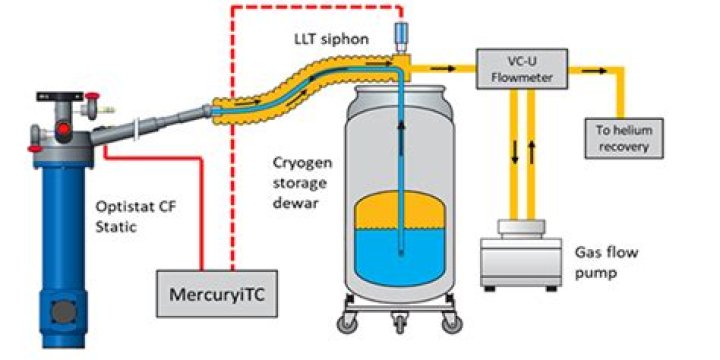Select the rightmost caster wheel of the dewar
click(460, 321)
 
